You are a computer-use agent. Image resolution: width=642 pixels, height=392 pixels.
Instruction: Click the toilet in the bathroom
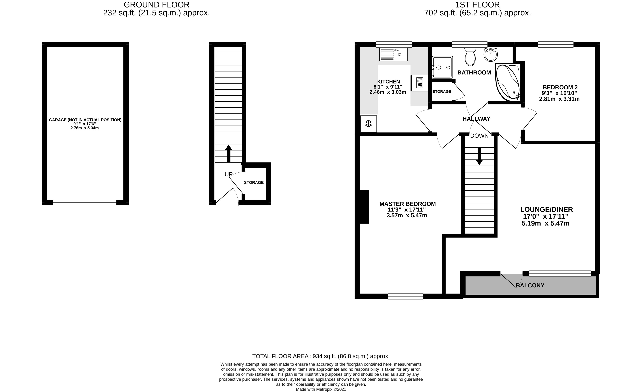[x=470, y=57]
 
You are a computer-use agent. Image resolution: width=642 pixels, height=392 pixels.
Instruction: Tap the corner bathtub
[x=508, y=82]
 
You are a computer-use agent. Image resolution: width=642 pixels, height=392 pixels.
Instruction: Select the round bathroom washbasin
[x=491, y=55]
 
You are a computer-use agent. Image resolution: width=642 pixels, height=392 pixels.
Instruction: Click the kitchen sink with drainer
[x=393, y=54]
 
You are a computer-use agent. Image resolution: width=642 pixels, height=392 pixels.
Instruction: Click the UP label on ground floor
[x=228, y=174]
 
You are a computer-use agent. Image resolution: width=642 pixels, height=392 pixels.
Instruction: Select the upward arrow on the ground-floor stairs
[x=228, y=153]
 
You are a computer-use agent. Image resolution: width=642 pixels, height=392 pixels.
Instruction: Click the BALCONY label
[x=530, y=285]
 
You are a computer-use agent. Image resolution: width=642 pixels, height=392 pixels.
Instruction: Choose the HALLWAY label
[x=476, y=119]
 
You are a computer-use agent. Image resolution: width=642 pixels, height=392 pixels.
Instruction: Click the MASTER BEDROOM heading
[x=407, y=204]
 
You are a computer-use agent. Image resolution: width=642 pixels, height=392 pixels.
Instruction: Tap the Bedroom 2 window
[x=556, y=45]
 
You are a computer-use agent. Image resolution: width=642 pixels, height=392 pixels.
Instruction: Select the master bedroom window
[x=406, y=296]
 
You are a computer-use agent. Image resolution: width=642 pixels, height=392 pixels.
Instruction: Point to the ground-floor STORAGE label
[x=254, y=183]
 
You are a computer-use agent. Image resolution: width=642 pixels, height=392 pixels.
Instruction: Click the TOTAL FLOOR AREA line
[x=321, y=356]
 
